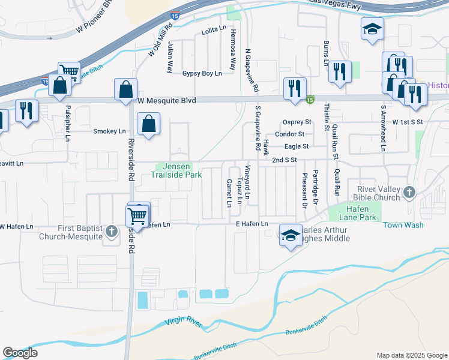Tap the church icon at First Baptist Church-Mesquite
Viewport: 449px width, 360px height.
click(x=111, y=230)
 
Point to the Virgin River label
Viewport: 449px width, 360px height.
click(x=184, y=322)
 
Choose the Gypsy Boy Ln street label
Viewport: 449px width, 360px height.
click(x=202, y=73)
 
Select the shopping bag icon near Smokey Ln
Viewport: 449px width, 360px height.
click(x=148, y=124)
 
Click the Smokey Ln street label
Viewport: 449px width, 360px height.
click(x=110, y=131)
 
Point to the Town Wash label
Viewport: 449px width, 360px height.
click(x=403, y=225)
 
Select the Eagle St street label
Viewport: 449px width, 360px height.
click(x=297, y=146)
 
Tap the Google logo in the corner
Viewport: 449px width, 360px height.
click(x=20, y=353)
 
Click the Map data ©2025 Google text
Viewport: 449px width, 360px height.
click(x=412, y=355)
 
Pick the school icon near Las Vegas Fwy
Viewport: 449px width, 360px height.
click(x=372, y=28)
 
